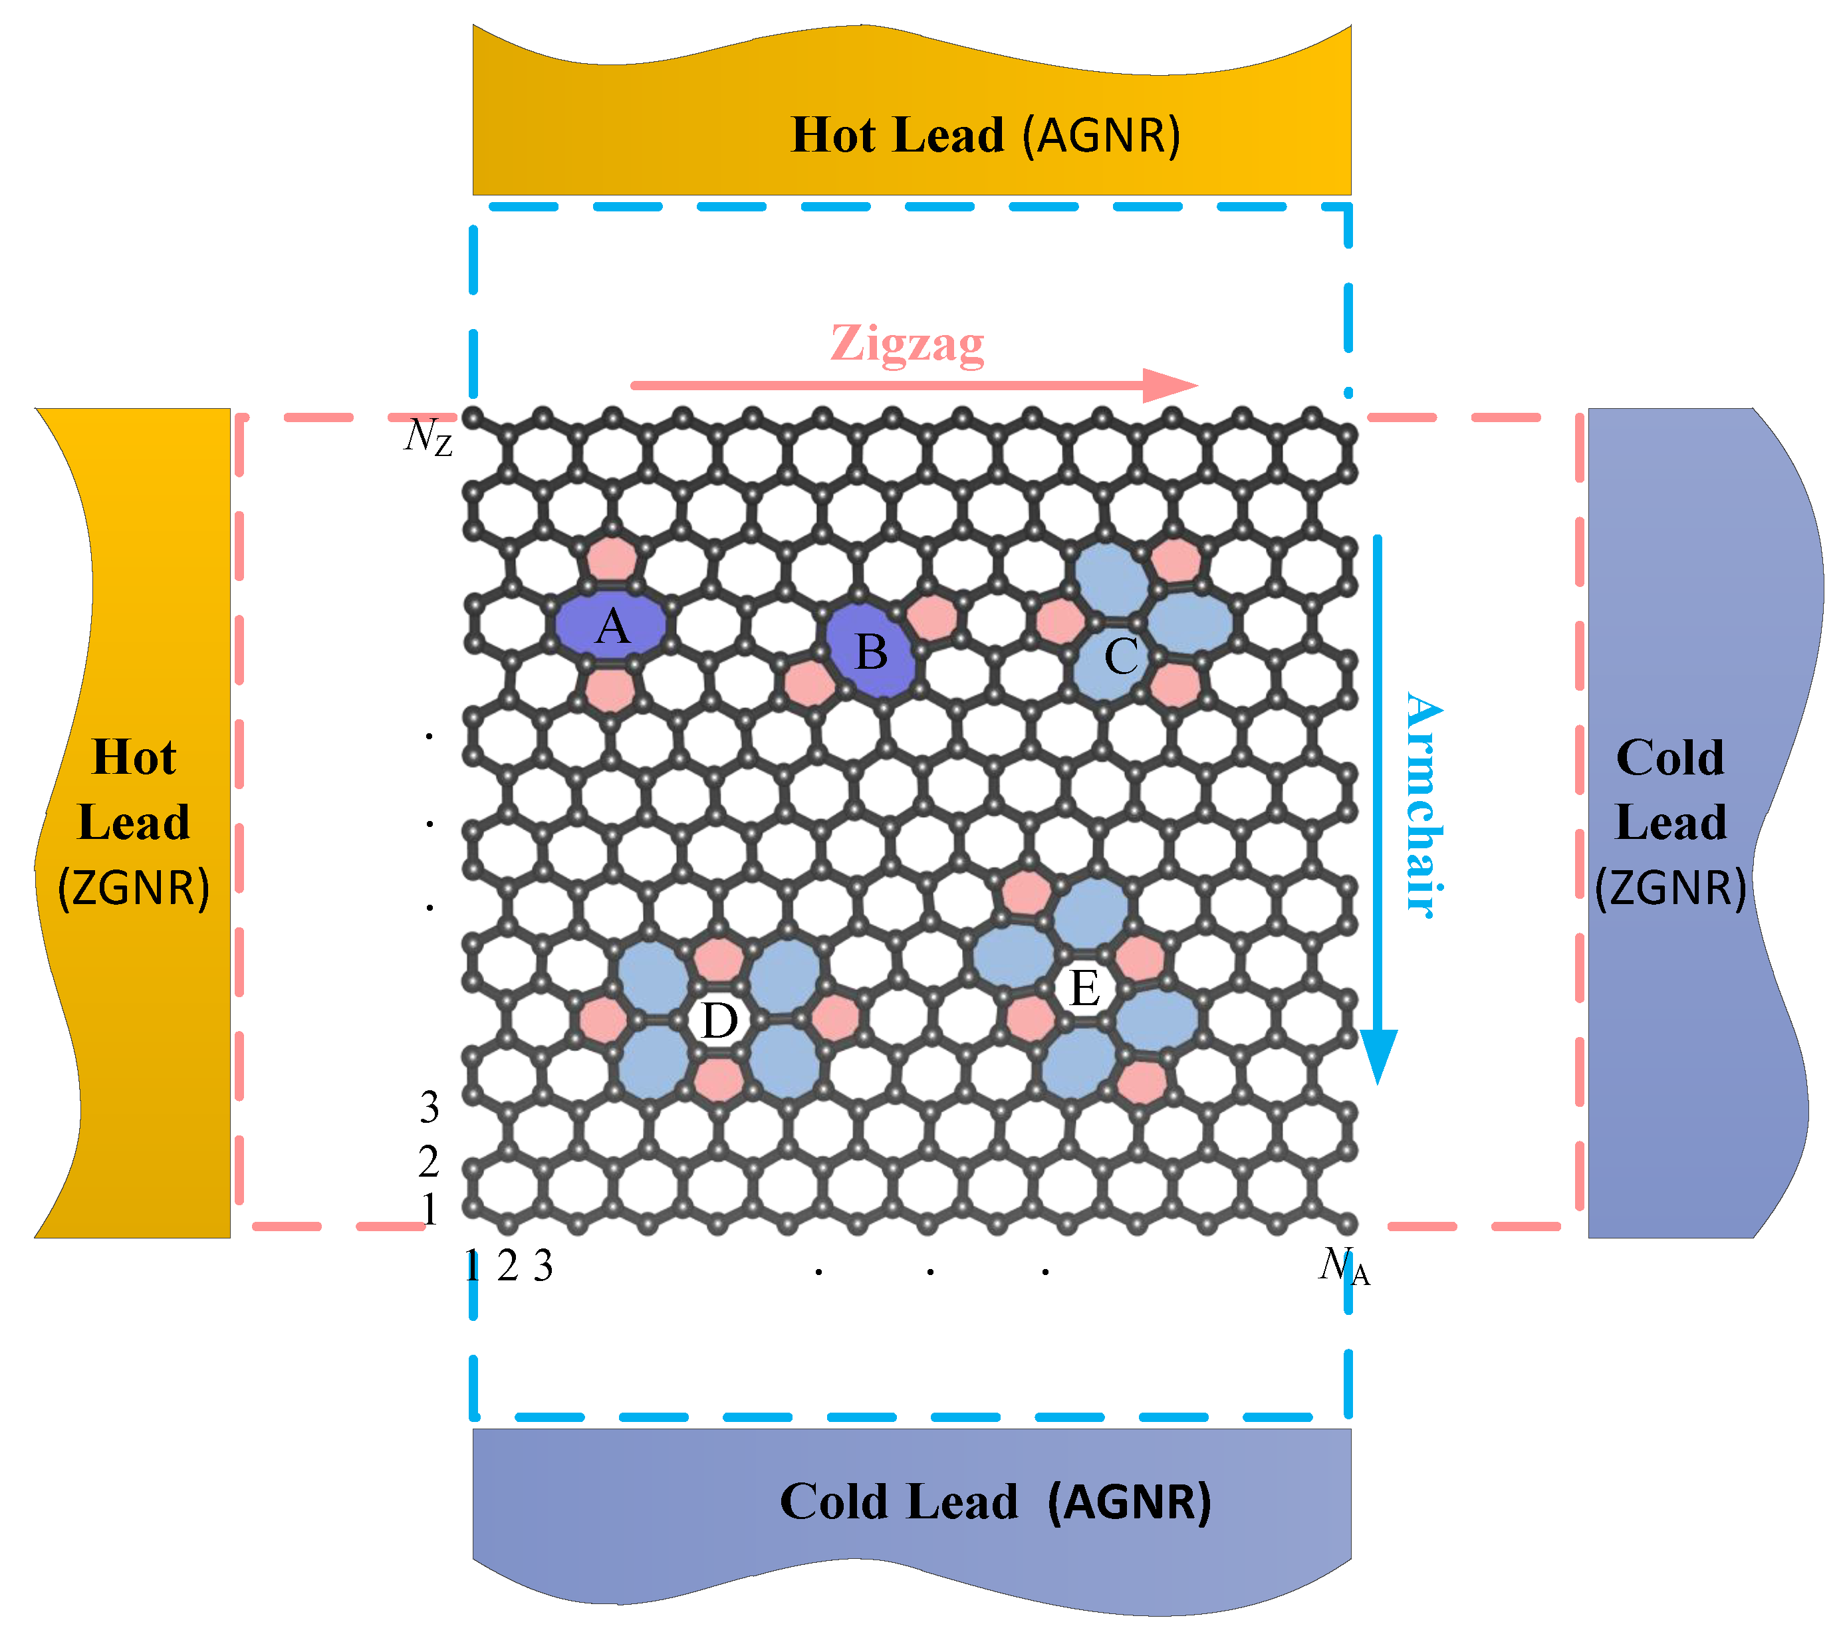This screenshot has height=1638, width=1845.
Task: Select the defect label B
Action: [871, 651]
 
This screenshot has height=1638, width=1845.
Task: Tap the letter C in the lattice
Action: [1121, 656]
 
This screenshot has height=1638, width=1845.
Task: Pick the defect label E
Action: [1084, 989]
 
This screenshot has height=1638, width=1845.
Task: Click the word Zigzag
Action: [907, 344]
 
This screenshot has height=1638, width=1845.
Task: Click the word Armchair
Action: [1424, 804]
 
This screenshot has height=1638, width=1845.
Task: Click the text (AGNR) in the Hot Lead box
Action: [1101, 136]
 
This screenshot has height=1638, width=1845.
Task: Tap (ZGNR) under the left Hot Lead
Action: [134, 888]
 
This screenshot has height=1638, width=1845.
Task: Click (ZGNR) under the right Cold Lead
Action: [1670, 888]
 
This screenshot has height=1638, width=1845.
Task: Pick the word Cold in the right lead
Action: [1670, 757]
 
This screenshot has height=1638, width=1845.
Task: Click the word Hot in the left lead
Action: [134, 757]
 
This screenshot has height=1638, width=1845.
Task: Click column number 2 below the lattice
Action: [507, 1267]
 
